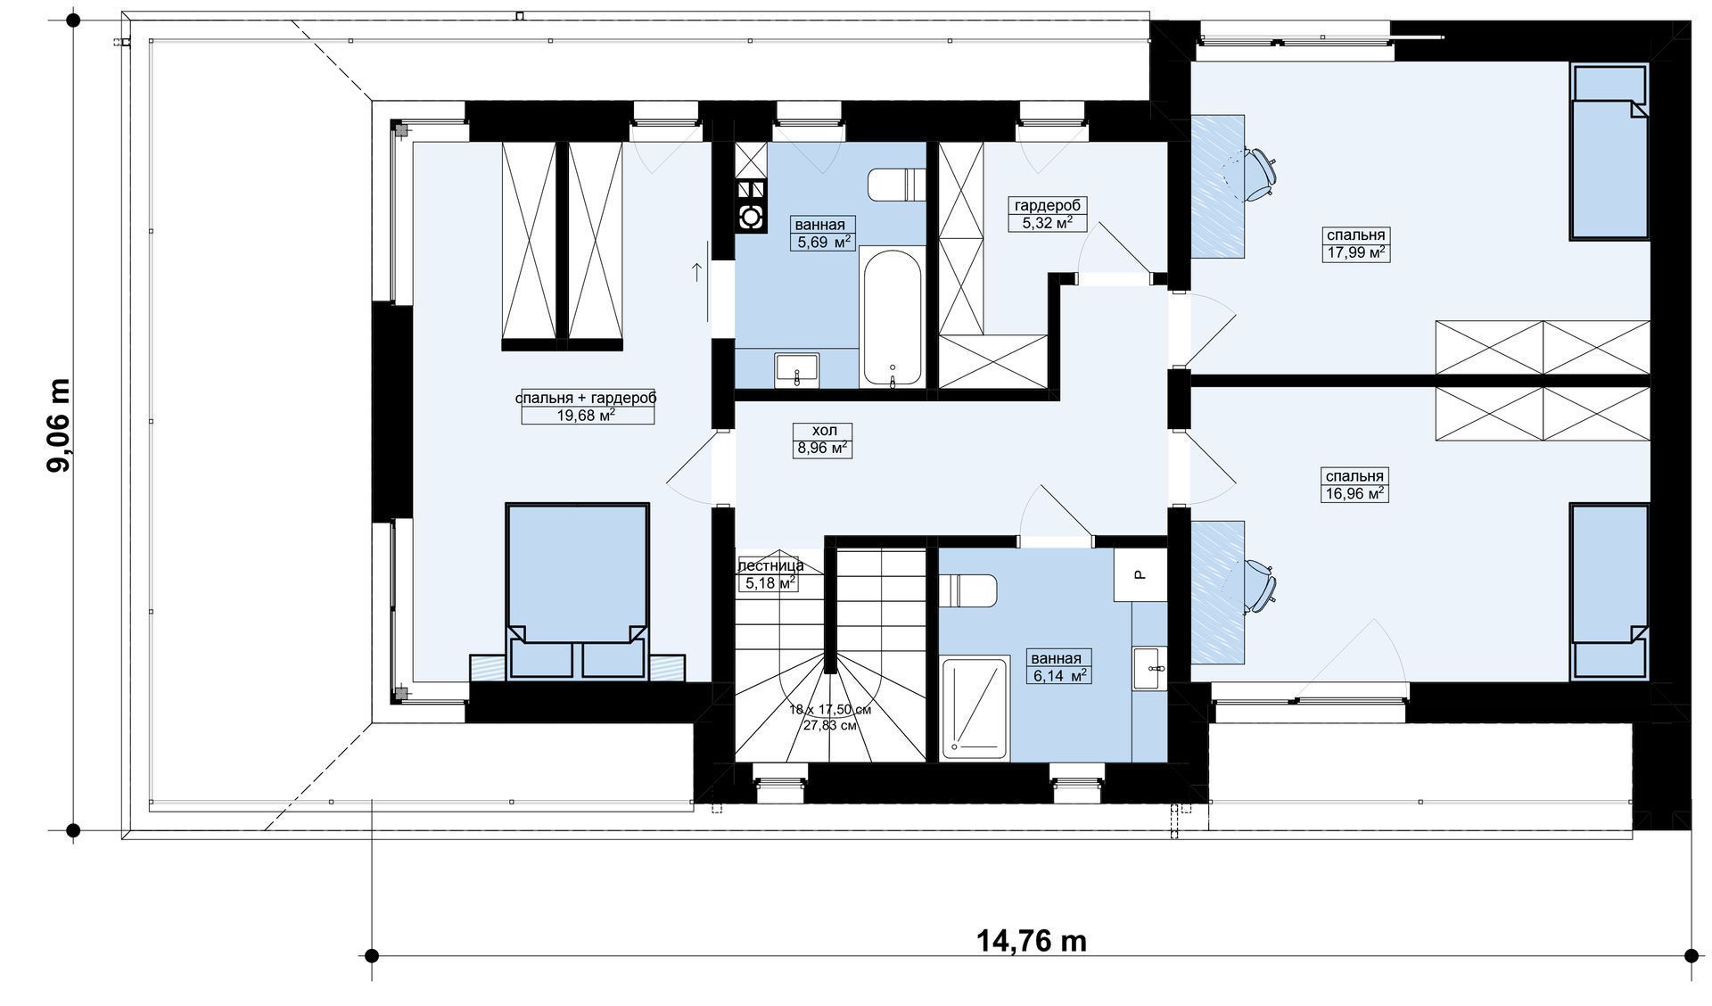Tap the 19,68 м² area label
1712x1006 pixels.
click(x=586, y=415)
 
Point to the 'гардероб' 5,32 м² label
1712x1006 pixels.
click(x=1048, y=214)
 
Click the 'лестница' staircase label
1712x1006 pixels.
click(x=770, y=565)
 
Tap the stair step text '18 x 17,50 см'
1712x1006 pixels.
click(x=829, y=711)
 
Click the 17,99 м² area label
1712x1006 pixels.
click(x=1355, y=252)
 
